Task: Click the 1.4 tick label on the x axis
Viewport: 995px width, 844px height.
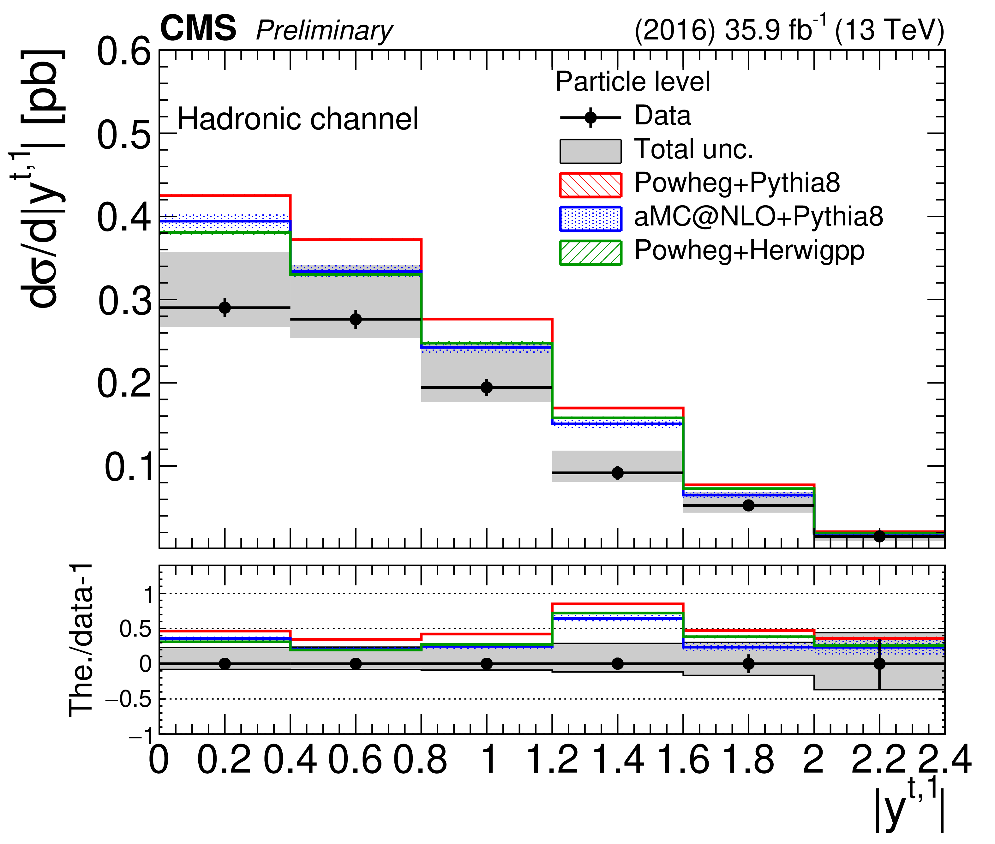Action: point(618,760)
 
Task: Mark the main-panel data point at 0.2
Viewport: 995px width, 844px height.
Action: point(225,308)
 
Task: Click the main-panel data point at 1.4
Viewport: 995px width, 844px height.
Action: point(618,473)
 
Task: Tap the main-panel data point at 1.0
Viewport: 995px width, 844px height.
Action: point(487,387)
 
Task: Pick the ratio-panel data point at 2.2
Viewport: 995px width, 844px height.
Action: point(879,664)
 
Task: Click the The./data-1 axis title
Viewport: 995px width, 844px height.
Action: point(81,641)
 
